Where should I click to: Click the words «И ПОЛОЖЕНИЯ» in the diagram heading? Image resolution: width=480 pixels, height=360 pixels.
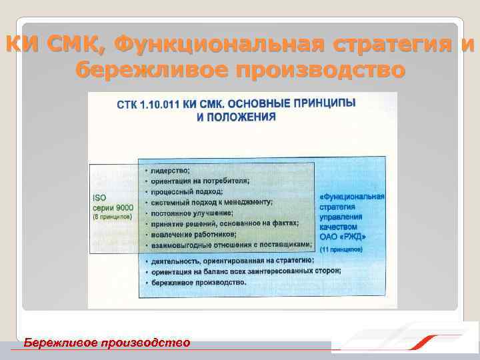[x=236, y=116]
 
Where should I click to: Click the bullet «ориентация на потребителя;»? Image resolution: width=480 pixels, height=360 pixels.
[x=201, y=181]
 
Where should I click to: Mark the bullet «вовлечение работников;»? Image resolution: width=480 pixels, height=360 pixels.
[x=193, y=234]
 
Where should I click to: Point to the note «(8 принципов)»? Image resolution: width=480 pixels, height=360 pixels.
[x=112, y=217]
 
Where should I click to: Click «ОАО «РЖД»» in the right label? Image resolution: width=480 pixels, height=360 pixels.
[x=343, y=236]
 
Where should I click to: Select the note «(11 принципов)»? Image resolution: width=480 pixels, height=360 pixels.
[x=341, y=249]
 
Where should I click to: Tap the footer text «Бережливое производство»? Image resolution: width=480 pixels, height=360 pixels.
[x=107, y=343]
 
